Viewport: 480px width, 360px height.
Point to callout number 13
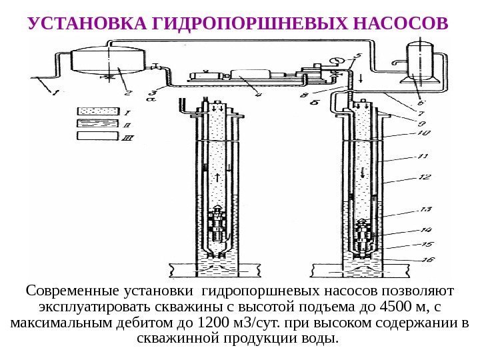pyautogui.click(x=425, y=210)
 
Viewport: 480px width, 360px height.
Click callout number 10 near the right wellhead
pyautogui.click(x=425, y=133)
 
